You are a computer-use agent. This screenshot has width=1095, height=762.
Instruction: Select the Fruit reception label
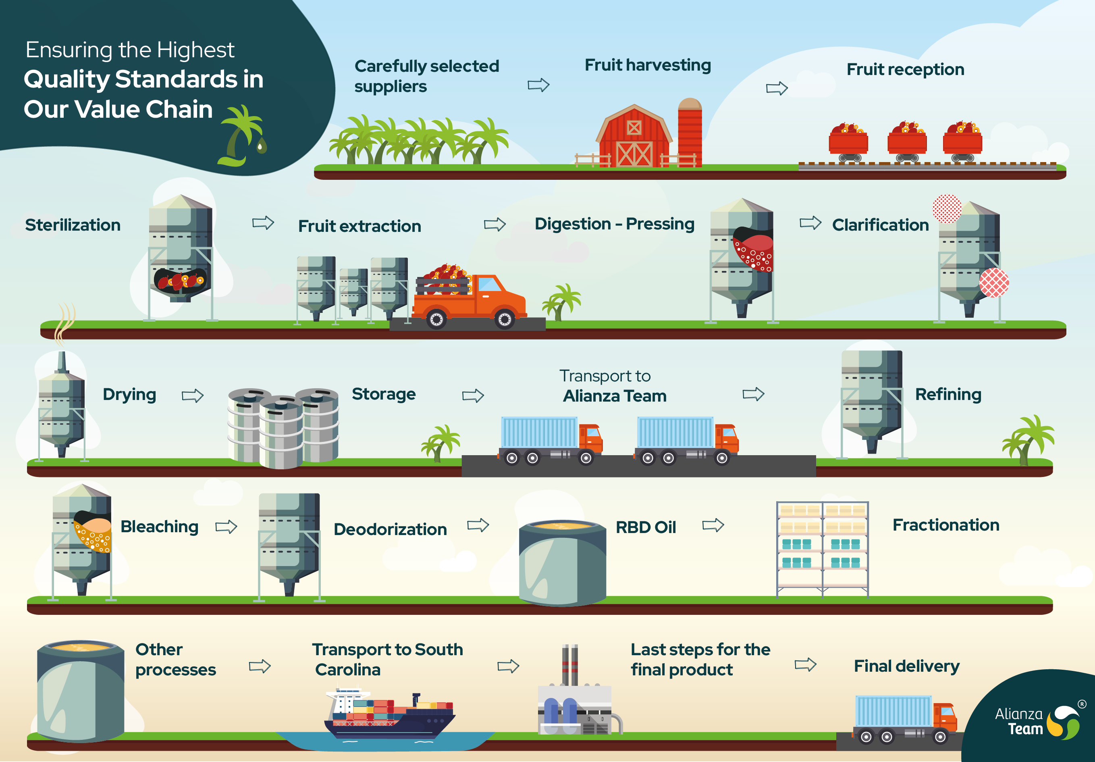[905, 70]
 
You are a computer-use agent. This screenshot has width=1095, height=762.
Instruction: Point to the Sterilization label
[73, 225]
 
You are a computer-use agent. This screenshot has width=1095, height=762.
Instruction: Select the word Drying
[129, 395]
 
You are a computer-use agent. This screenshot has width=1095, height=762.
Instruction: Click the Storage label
[383, 394]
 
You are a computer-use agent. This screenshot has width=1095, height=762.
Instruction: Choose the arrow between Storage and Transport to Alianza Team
[473, 396]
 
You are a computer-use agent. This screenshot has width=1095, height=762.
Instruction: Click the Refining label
[948, 395]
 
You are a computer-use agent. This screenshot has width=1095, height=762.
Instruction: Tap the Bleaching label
[159, 527]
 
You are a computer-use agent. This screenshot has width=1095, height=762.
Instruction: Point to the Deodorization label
[390, 529]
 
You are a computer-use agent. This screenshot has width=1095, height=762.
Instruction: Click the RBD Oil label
[646, 527]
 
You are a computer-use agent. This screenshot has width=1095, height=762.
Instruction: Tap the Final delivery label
[907, 666]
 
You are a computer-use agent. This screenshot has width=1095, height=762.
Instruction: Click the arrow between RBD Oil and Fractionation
[713, 525]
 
